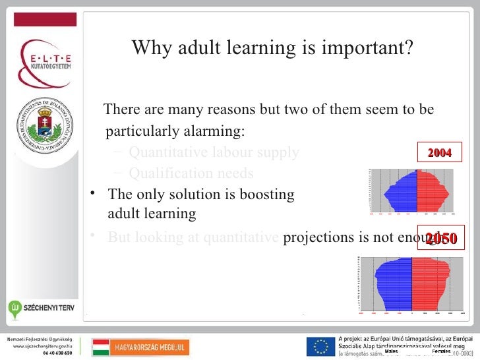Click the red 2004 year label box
tap(440, 153)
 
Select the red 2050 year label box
tap(441, 239)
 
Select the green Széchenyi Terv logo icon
tap(15, 308)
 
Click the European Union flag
tap(320, 346)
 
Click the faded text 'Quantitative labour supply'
tap(214, 153)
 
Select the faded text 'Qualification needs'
tap(191, 173)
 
